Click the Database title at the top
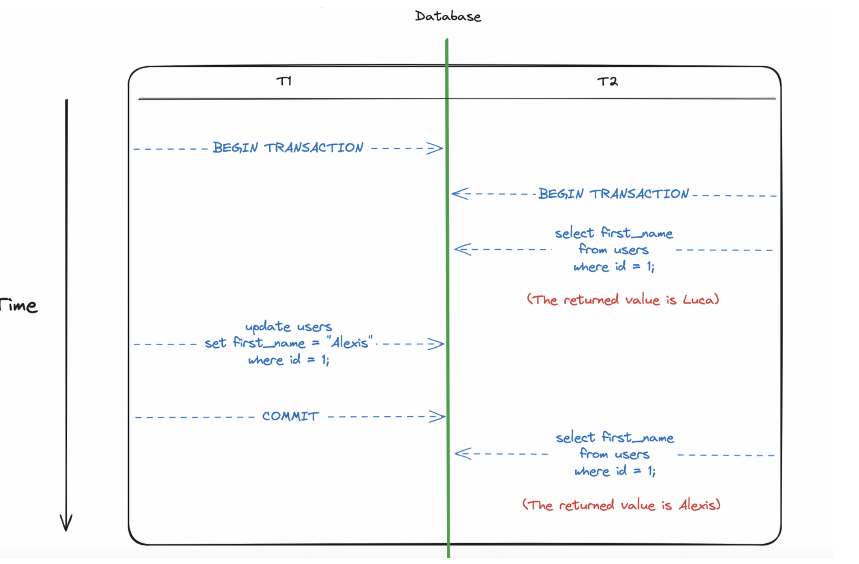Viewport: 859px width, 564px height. tap(447, 16)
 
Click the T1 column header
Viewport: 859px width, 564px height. tap(284, 81)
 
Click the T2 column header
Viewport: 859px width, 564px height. tap(607, 82)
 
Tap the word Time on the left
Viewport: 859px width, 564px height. tap(19, 306)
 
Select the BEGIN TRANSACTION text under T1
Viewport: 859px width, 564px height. tap(288, 148)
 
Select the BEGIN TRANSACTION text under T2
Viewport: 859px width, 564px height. tap(613, 194)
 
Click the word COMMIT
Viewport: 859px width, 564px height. tap(291, 416)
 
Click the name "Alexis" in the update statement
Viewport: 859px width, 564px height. tap(350, 343)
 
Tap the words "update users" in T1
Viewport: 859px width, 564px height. tap(288, 327)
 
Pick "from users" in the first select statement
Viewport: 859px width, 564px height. tap(613, 250)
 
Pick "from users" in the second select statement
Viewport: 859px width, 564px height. tap(615, 454)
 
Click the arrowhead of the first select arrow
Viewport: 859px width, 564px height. tap(462, 250)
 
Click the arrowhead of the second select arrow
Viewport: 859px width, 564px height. tap(462, 454)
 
